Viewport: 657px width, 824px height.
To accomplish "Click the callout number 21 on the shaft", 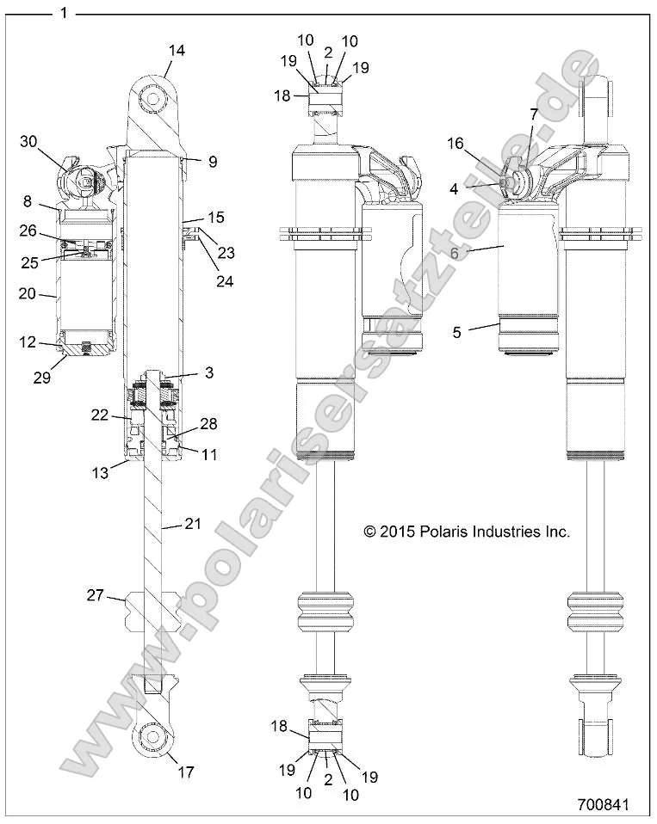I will point(192,522).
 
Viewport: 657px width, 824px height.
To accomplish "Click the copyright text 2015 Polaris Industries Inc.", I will point(467,532).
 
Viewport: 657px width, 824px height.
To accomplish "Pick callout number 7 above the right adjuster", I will point(533,114).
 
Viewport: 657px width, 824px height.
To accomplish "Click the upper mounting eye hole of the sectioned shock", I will point(154,99).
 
